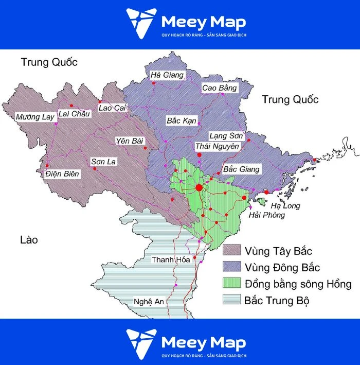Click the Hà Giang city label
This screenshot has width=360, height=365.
pyautogui.click(x=167, y=75)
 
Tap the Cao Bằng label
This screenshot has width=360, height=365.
pyautogui.click(x=220, y=88)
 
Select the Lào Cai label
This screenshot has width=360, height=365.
pyautogui.click(x=112, y=108)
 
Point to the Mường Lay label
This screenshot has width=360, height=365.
pyautogui.click(x=34, y=117)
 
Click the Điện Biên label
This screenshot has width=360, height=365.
pyautogui.click(x=62, y=173)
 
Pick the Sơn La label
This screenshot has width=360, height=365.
pyautogui.click(x=104, y=162)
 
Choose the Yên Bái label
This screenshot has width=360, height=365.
pyautogui.click(x=130, y=141)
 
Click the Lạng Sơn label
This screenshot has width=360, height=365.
pyautogui.click(x=225, y=136)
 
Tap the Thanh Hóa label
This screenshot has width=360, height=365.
pyautogui.click(x=171, y=259)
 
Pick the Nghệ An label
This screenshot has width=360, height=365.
pyautogui.click(x=148, y=302)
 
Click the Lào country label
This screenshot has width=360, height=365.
pyautogui.click(x=29, y=240)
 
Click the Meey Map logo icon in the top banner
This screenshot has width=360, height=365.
pyautogui.click(x=140, y=23)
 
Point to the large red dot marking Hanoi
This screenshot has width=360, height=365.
pyautogui.click(x=199, y=187)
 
